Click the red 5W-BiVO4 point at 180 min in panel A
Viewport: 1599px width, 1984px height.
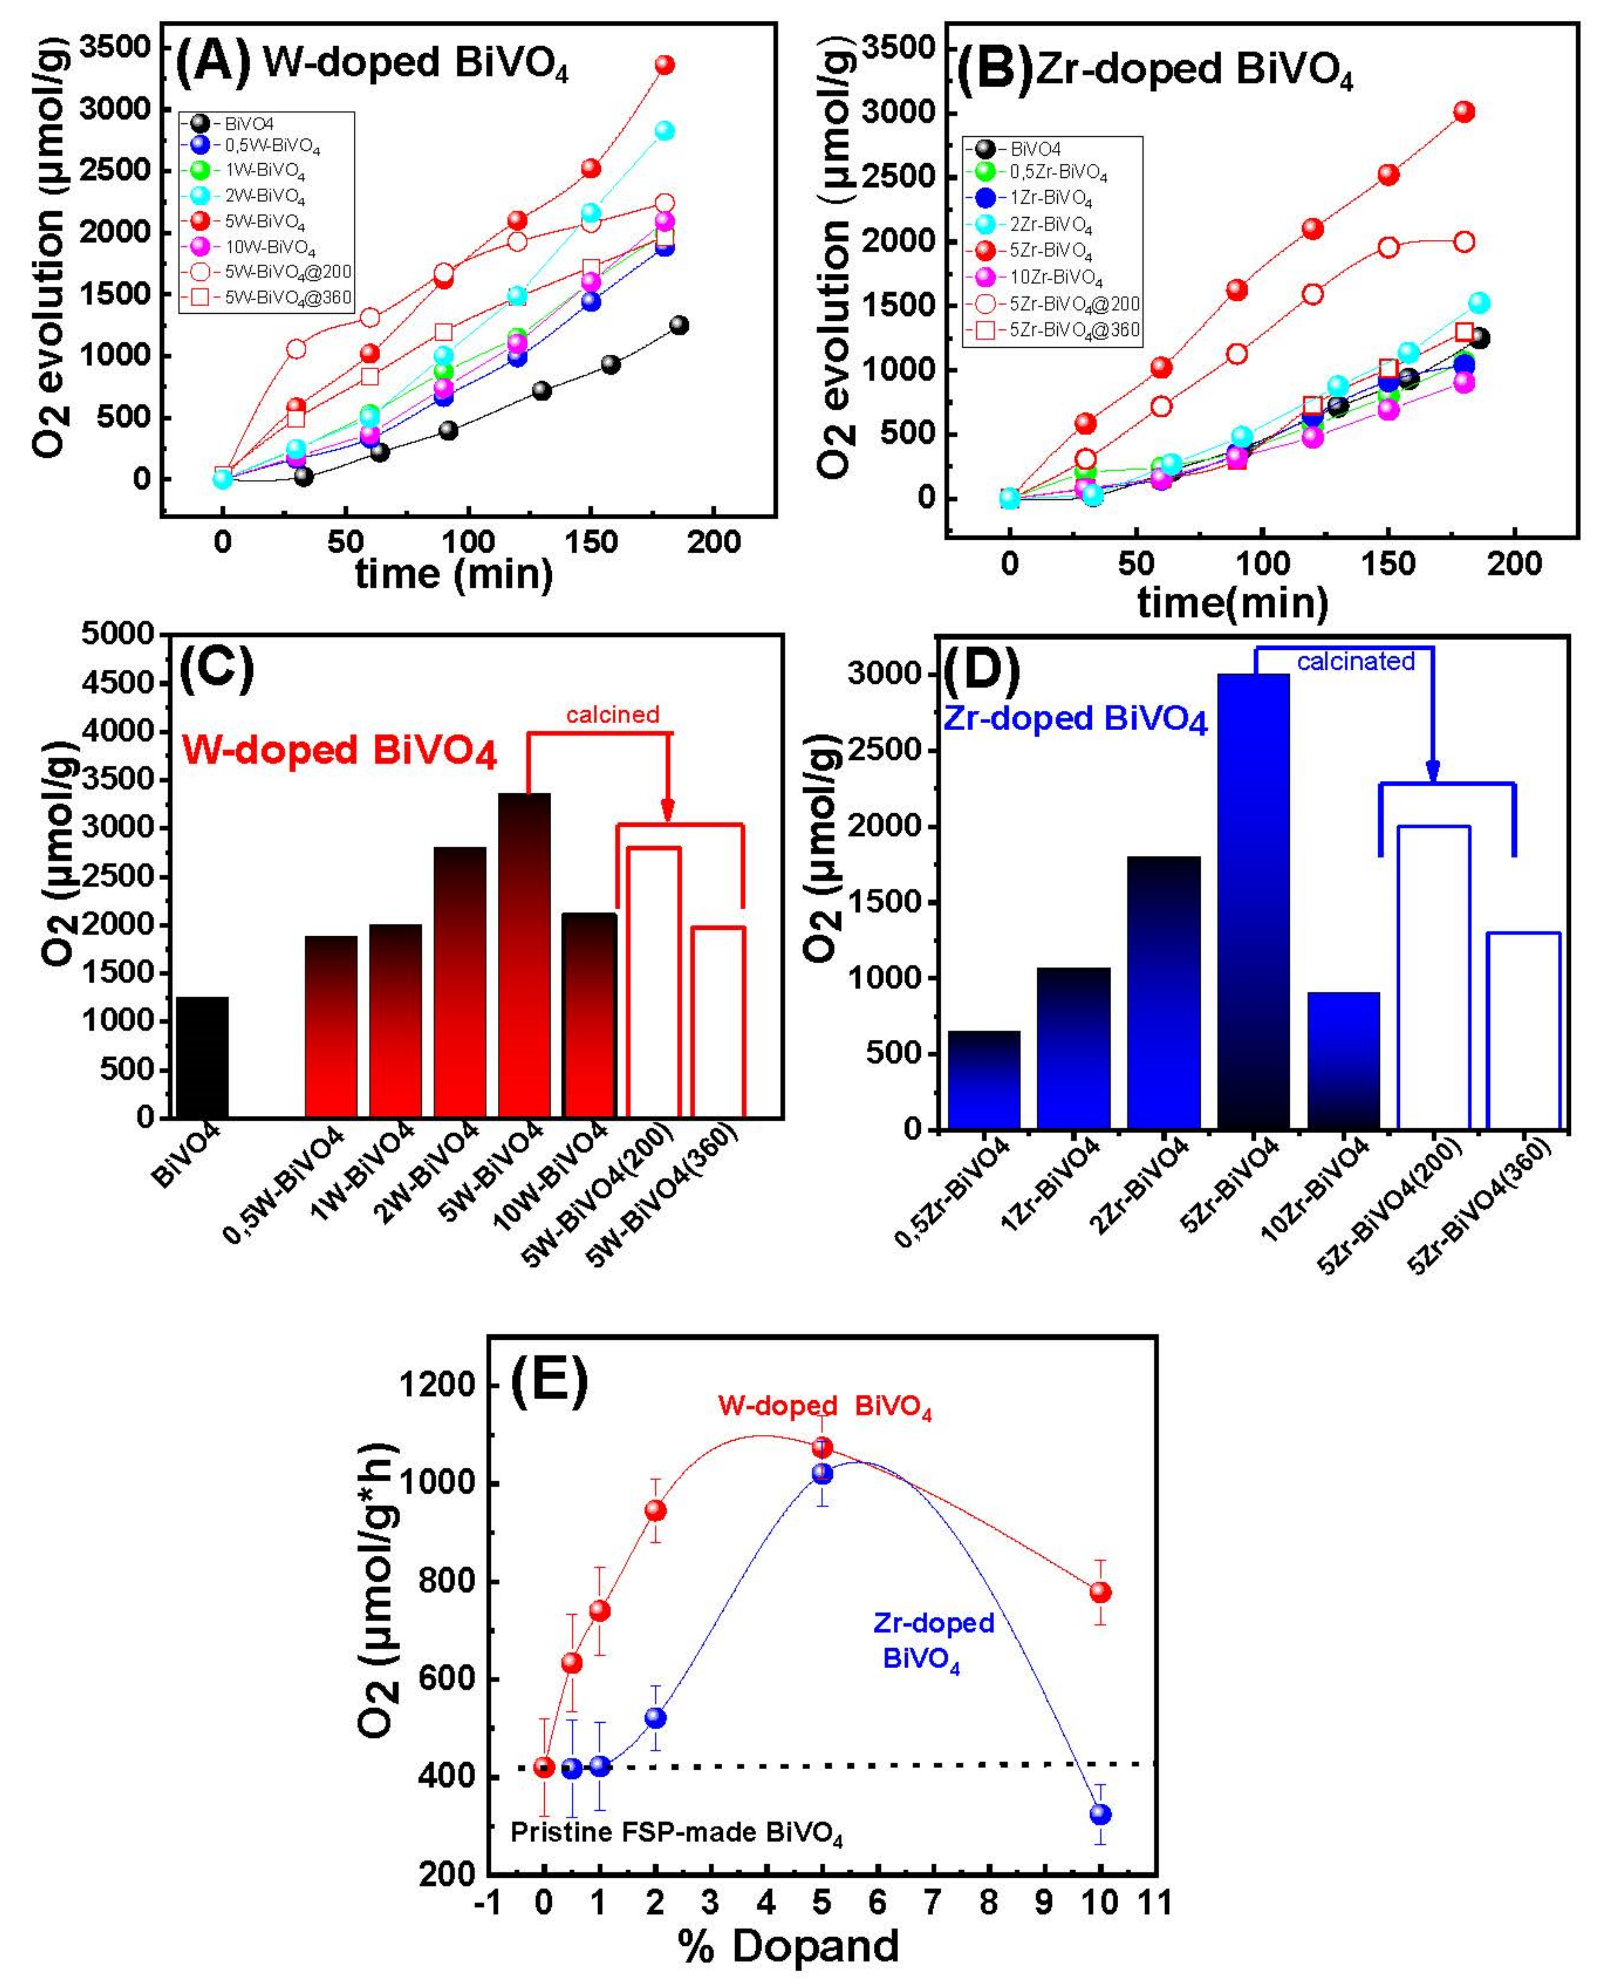(x=664, y=64)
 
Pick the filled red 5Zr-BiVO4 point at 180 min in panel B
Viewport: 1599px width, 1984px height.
(x=1464, y=111)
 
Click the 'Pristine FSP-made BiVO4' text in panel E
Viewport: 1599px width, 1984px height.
(x=677, y=1832)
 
